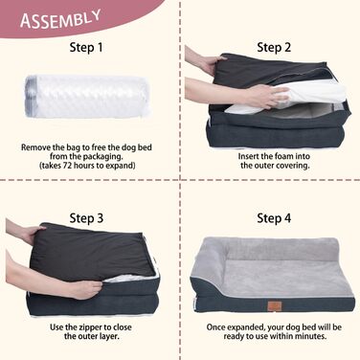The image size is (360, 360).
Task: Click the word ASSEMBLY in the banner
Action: pyautogui.click(x=60, y=19)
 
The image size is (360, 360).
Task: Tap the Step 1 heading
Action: pyautogui.click(x=86, y=48)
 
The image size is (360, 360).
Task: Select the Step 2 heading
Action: pyautogui.click(x=274, y=48)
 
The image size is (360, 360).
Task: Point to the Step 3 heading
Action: pyautogui.click(x=86, y=218)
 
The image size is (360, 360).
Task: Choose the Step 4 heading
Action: pyautogui.click(x=274, y=218)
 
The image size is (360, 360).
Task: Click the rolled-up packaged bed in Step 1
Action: pyautogui.click(x=87, y=97)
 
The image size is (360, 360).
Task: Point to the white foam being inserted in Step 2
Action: pyautogui.click(x=286, y=96)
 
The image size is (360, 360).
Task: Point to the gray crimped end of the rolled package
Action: pyautogui.click(x=30, y=97)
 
